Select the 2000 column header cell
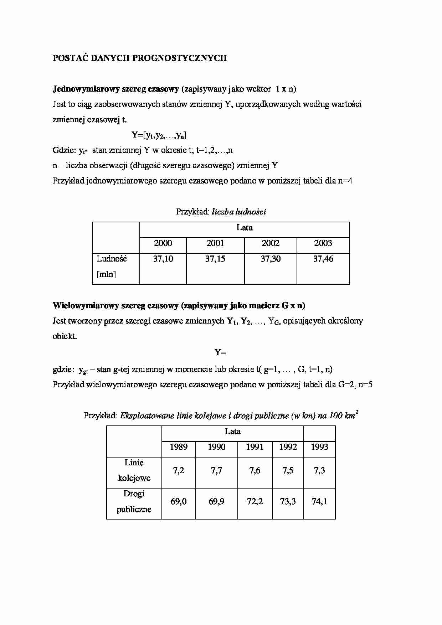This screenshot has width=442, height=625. pyautogui.click(x=163, y=243)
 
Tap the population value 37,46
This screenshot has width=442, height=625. pyautogui.click(x=323, y=259)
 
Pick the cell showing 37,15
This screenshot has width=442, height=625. pyautogui.click(x=215, y=259)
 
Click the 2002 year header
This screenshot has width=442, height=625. pyautogui.click(x=271, y=243)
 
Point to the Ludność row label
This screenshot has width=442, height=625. pyautogui.click(x=112, y=259)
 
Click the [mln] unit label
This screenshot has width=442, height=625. pyautogui.click(x=106, y=274)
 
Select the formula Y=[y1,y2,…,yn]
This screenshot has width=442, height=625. pyautogui.click(x=159, y=135)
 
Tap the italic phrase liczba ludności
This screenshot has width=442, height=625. pyautogui.click(x=239, y=212)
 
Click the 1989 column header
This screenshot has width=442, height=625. pyautogui.click(x=179, y=447)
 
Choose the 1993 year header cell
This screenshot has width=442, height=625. pyautogui.click(x=319, y=447)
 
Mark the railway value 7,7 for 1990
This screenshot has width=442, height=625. pyautogui.click(x=216, y=471)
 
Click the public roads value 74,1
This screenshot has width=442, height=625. pyautogui.click(x=319, y=502)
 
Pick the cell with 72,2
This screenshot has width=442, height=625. pyautogui.click(x=255, y=502)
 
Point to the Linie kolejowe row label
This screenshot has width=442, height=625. pyautogui.click(x=134, y=470)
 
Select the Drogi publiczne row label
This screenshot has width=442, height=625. pyautogui.click(x=134, y=501)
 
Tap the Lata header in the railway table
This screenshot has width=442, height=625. pyautogui.click(x=232, y=432)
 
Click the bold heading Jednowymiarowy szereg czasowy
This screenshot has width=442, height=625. pyautogui.click(x=115, y=89)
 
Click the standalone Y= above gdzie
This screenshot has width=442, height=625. pyautogui.click(x=221, y=353)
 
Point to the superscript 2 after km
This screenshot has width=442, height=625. pyautogui.click(x=357, y=412)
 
